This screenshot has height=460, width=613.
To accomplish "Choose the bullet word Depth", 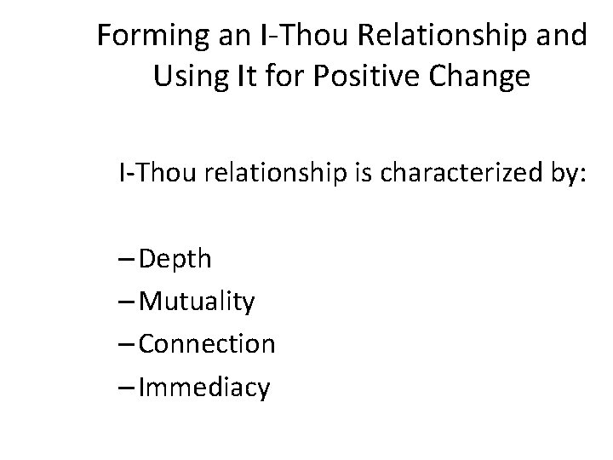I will point(174,259).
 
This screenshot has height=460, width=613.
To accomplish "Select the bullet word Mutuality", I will point(195,302).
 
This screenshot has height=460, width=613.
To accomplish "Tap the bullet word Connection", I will point(206,344).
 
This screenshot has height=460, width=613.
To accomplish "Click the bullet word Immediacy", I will point(204,388).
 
